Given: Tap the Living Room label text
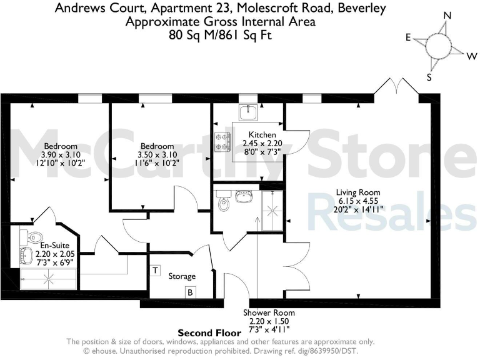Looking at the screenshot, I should pyautogui.click(x=358, y=192).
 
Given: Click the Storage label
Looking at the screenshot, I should pyautogui.click(x=182, y=276).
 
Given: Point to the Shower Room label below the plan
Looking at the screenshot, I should pyautogui.click(x=269, y=312).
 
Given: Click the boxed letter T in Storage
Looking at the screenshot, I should pyautogui.click(x=155, y=271).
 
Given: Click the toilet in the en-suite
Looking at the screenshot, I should pyautogui.click(x=33, y=236).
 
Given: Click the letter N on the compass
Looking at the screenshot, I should pyautogui.click(x=447, y=16).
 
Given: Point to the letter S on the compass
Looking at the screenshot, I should pyautogui.click(x=429, y=77).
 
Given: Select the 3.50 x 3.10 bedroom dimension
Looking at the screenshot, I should pyautogui.click(x=157, y=155).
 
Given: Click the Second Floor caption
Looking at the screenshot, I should pyautogui.click(x=209, y=332).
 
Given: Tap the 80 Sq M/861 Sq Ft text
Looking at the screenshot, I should pyautogui.click(x=221, y=35).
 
